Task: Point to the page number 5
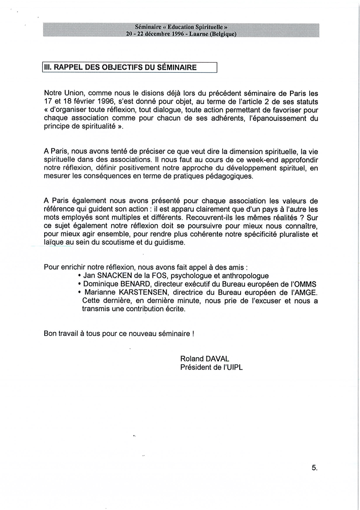[314, 468]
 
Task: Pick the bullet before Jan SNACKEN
[79, 276]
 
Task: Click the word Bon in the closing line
[50, 333]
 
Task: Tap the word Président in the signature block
[196, 367]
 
